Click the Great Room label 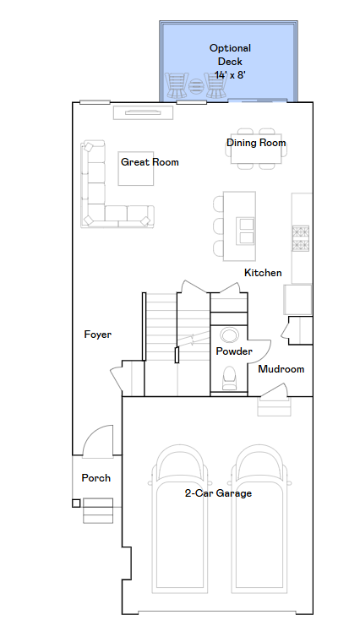[x=150, y=162]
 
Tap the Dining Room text [x=256, y=143]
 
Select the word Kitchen [x=263, y=273]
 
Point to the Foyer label [x=97, y=335]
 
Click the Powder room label [x=234, y=351]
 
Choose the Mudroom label [x=281, y=369]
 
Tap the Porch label [x=95, y=478]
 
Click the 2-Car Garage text [x=218, y=493]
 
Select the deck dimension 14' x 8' [x=230, y=75]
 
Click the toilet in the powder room [x=229, y=378]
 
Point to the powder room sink [x=228, y=335]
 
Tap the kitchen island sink [x=247, y=231]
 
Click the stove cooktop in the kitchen [x=300, y=238]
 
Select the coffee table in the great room [x=136, y=168]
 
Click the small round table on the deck [x=196, y=86]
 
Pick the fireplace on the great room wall [x=143, y=112]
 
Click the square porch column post [x=76, y=503]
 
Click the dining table [x=256, y=149]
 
